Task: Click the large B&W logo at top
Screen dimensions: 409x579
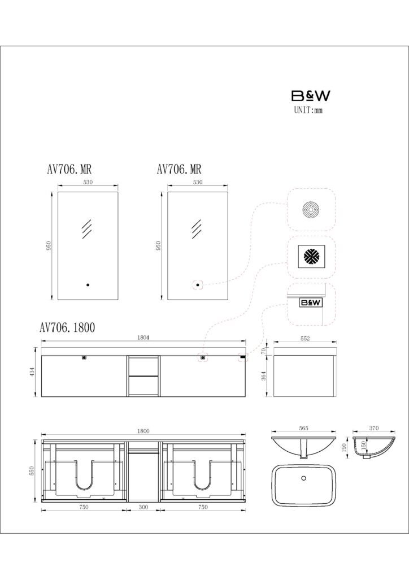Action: (311, 96)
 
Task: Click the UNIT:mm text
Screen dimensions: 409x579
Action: (308, 110)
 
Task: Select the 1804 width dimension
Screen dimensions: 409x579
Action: (143, 338)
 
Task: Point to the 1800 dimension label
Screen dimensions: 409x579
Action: (143, 431)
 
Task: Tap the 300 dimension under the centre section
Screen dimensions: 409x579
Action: (143, 507)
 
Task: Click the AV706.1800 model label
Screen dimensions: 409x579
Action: (67, 327)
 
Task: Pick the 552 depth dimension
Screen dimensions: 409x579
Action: (305, 338)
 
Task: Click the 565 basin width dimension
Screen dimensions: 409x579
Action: (303, 429)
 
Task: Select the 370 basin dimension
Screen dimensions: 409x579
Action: (373, 429)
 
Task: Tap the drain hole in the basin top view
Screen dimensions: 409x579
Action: (303, 478)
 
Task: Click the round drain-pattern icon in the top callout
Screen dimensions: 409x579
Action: (311, 210)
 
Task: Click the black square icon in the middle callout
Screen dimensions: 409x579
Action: (311, 256)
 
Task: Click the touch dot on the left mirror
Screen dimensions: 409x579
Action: (88, 285)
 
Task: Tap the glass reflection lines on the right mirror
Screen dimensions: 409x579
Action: (197, 229)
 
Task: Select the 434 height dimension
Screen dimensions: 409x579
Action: (32, 372)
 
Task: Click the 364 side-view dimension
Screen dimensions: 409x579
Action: (264, 376)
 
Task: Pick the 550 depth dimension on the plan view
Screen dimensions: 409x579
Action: (32, 471)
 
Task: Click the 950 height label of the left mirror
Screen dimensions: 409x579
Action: (49, 245)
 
